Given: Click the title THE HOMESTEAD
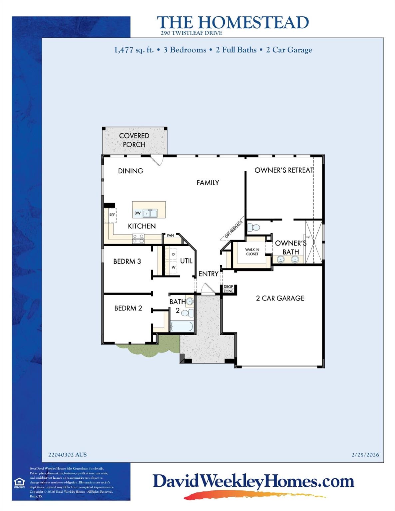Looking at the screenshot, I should click(232, 23).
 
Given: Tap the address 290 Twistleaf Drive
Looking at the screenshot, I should click(191, 33).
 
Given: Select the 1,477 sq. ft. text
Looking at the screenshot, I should click(134, 50).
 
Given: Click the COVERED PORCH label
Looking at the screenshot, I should click(134, 140).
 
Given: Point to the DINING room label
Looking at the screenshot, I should click(131, 171).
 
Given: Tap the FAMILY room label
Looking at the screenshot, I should click(207, 183).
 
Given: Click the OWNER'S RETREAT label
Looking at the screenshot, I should click(284, 170).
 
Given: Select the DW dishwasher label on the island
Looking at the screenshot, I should click(138, 213).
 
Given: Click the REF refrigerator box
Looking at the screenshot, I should click(112, 215).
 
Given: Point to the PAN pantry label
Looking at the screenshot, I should click(170, 236).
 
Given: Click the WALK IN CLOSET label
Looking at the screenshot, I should click(252, 252).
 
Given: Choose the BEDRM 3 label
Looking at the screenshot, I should click(127, 261).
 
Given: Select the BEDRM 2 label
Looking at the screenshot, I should click(128, 308).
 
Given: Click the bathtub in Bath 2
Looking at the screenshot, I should click(182, 326).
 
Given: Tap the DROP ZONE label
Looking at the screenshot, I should click(228, 289).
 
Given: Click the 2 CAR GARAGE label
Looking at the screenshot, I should click(280, 298).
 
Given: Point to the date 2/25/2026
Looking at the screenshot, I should click(365, 455).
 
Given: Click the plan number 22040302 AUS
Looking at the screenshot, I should click(67, 455).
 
